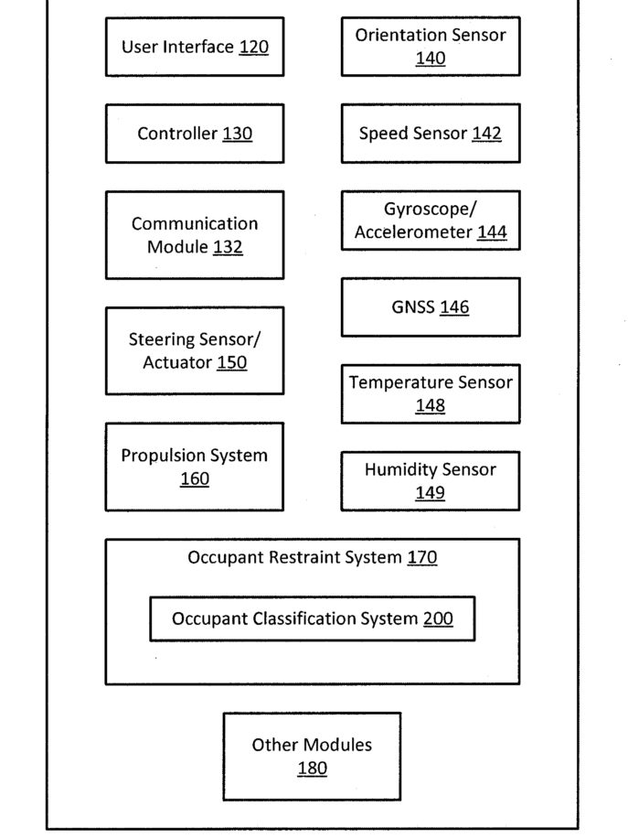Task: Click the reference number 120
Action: click(253, 47)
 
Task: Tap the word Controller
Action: click(177, 133)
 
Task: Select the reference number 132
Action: click(228, 247)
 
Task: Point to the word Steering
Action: click(162, 340)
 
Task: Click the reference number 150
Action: click(232, 363)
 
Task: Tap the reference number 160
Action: click(195, 478)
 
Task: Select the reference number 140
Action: click(431, 59)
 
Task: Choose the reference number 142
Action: click(486, 133)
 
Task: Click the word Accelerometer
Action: click(413, 232)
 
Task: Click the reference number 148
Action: click(431, 405)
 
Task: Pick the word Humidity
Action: click(396, 469)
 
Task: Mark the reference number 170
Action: click(422, 557)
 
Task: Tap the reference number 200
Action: click(438, 618)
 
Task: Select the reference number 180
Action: click(313, 768)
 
